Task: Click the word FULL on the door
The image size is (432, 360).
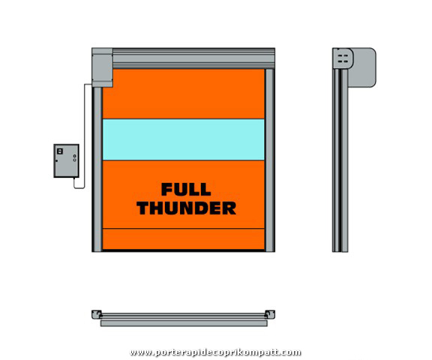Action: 186,190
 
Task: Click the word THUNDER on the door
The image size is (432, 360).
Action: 187,208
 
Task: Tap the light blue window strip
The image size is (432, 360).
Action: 184,139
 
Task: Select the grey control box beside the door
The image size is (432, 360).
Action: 67,160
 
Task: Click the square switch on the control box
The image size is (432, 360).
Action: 60,151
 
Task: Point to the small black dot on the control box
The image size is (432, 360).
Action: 57,160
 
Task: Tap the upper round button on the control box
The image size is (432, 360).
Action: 75,156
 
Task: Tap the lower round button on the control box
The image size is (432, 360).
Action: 75,160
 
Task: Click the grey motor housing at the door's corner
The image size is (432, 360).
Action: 102,67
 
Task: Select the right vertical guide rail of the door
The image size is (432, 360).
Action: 269,160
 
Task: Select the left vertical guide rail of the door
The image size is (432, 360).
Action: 97,169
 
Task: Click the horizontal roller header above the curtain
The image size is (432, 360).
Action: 193,58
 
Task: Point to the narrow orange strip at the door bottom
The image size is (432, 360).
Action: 184,239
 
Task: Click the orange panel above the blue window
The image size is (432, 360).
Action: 184,94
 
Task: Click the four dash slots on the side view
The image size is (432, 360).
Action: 343,58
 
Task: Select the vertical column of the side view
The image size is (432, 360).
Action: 340,160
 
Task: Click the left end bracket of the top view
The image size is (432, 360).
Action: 97,314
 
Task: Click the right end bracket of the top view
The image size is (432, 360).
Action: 270,314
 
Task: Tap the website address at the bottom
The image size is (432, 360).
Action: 216,352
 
